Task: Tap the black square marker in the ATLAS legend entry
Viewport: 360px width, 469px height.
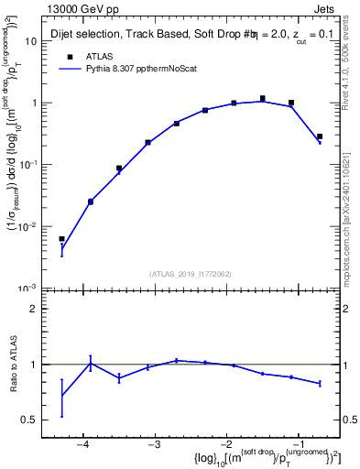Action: [x=70, y=57]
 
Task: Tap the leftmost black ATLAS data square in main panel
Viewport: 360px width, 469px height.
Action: [x=61, y=239]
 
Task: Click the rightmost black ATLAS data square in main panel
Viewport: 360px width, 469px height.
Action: [x=319, y=136]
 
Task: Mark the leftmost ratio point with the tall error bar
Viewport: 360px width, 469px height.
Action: [x=61, y=397]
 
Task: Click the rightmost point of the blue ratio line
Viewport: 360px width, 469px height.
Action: [x=319, y=383]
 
